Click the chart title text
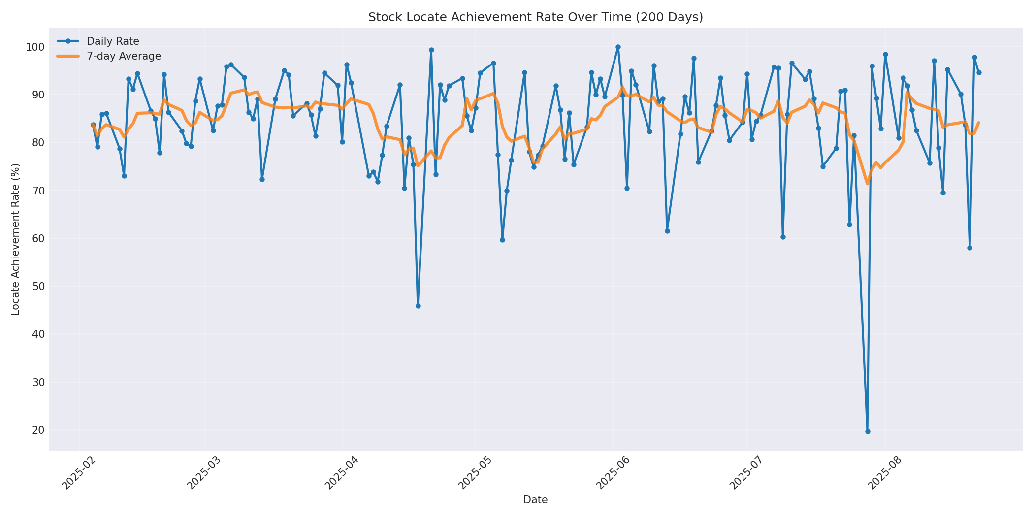(x=535, y=17)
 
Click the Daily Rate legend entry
(x=112, y=41)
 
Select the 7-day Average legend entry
(x=123, y=56)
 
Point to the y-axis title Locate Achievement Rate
(x=16, y=239)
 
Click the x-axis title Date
(x=535, y=500)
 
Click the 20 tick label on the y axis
(x=38, y=430)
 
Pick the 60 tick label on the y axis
(x=38, y=239)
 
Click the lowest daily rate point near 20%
(x=868, y=431)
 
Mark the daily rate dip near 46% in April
(x=418, y=306)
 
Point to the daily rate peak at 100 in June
(x=618, y=47)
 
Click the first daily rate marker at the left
(x=93, y=125)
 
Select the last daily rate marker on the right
(x=979, y=72)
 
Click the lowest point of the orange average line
(x=868, y=184)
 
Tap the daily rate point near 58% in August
(x=969, y=248)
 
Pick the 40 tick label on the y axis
(x=38, y=334)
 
